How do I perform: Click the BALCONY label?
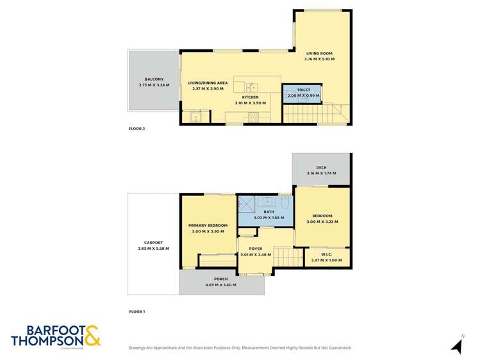click(x=154, y=79)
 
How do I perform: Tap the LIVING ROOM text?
click(x=319, y=53)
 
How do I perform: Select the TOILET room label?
click(x=303, y=90)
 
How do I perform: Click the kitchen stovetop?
click(x=254, y=117)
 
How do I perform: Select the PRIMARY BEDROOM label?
click(x=208, y=225)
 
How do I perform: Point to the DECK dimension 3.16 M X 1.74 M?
click(x=321, y=173)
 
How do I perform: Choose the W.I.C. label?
click(x=326, y=254)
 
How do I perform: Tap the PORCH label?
click(x=221, y=279)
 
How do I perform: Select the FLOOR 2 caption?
click(x=137, y=129)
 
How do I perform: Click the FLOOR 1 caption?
click(x=137, y=311)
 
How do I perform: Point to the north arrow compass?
click(x=457, y=345)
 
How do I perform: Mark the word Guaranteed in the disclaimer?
click(x=336, y=347)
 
